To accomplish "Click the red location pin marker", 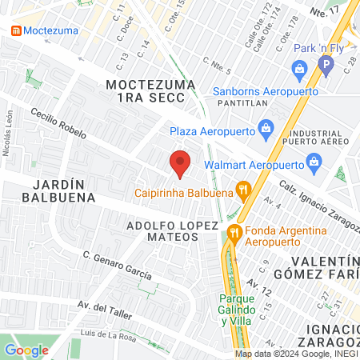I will [180, 163].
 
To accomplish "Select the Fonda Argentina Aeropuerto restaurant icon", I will [234, 233].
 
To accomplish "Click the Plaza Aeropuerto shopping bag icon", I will [267, 130].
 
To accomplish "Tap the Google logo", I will [26, 350].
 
